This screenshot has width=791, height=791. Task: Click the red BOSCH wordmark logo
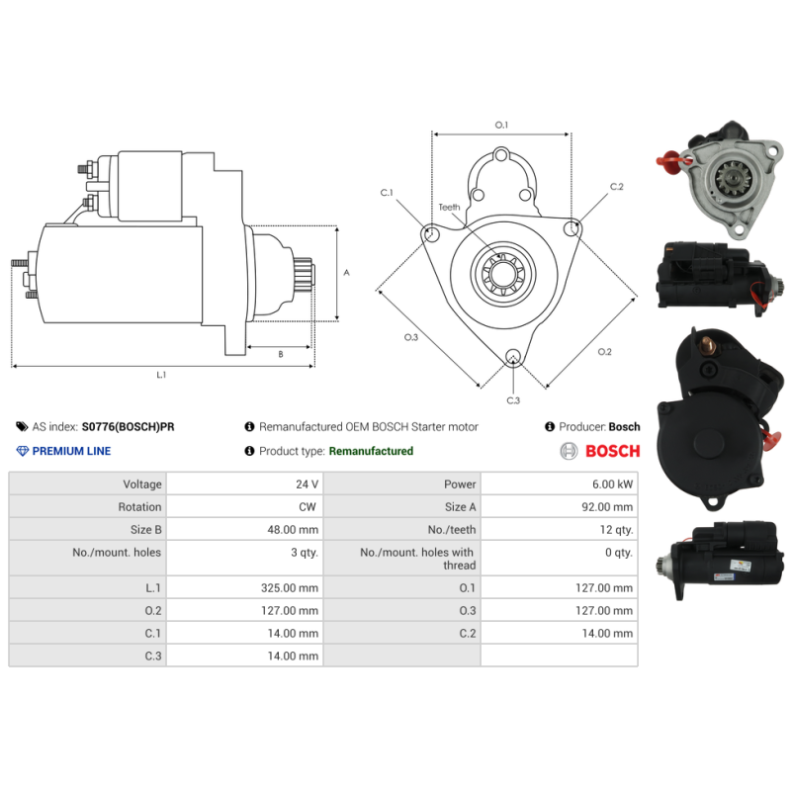point(612,452)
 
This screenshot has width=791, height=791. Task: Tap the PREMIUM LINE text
point(71,451)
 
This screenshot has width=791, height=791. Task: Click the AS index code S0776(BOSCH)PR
point(128,427)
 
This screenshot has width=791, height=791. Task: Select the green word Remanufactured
point(371,451)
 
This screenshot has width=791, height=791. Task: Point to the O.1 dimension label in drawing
point(501,126)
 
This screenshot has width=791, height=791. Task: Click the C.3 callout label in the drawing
point(513,400)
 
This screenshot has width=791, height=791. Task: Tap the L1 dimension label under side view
point(161,375)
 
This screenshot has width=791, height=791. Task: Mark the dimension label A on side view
point(345,272)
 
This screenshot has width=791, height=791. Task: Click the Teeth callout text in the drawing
point(450,208)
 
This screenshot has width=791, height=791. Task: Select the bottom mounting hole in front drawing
point(512,358)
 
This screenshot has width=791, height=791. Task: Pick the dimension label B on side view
point(280,353)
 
